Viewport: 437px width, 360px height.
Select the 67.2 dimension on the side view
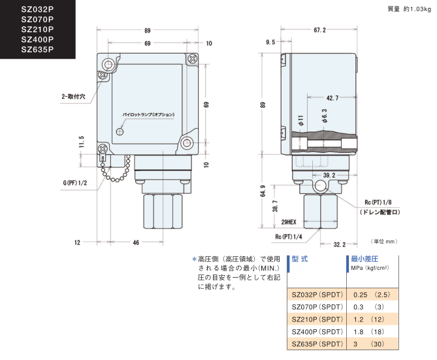click(319, 31)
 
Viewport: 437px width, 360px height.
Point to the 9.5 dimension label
click(270, 42)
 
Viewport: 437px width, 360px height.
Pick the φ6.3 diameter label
click(324, 117)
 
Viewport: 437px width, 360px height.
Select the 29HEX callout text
click(287, 223)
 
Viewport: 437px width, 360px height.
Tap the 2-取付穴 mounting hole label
click(74, 96)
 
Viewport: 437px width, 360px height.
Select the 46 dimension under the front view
click(135, 242)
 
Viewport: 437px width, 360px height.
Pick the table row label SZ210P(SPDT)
click(317, 319)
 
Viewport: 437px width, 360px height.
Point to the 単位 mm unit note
click(384, 242)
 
